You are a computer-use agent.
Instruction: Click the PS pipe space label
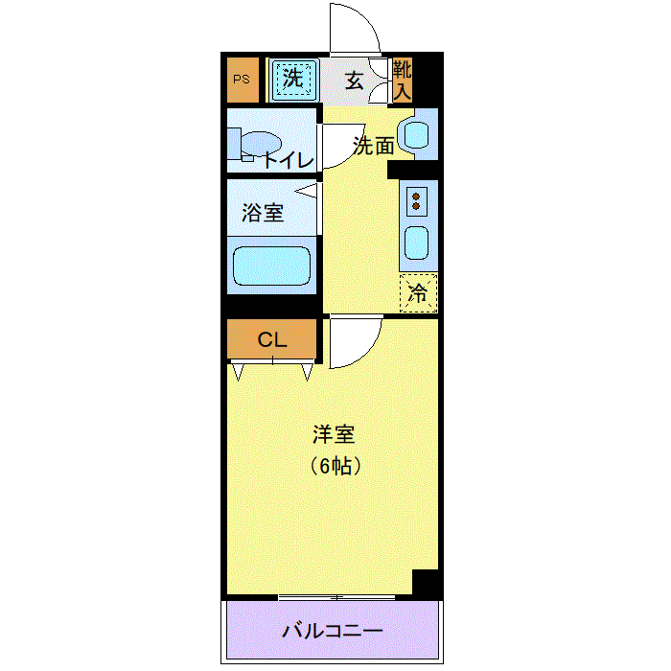[242, 80]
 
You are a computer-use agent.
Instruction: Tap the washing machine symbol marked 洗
[294, 80]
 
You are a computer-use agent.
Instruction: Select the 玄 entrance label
[355, 81]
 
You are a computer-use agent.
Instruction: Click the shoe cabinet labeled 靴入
[403, 80]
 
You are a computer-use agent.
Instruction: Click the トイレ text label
[288, 160]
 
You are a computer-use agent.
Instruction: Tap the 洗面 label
[374, 147]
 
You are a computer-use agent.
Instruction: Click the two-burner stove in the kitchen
[416, 201]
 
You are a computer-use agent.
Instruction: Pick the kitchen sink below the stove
[416, 243]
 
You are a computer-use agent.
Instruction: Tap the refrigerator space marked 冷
[418, 293]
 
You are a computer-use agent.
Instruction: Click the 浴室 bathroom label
[263, 213]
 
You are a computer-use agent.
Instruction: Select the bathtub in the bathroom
[271, 266]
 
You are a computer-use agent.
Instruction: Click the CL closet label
[272, 339]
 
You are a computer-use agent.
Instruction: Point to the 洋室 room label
[334, 434]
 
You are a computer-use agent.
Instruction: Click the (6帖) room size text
[335, 466]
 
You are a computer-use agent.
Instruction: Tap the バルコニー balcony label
[333, 631]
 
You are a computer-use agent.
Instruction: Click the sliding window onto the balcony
[336, 597]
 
